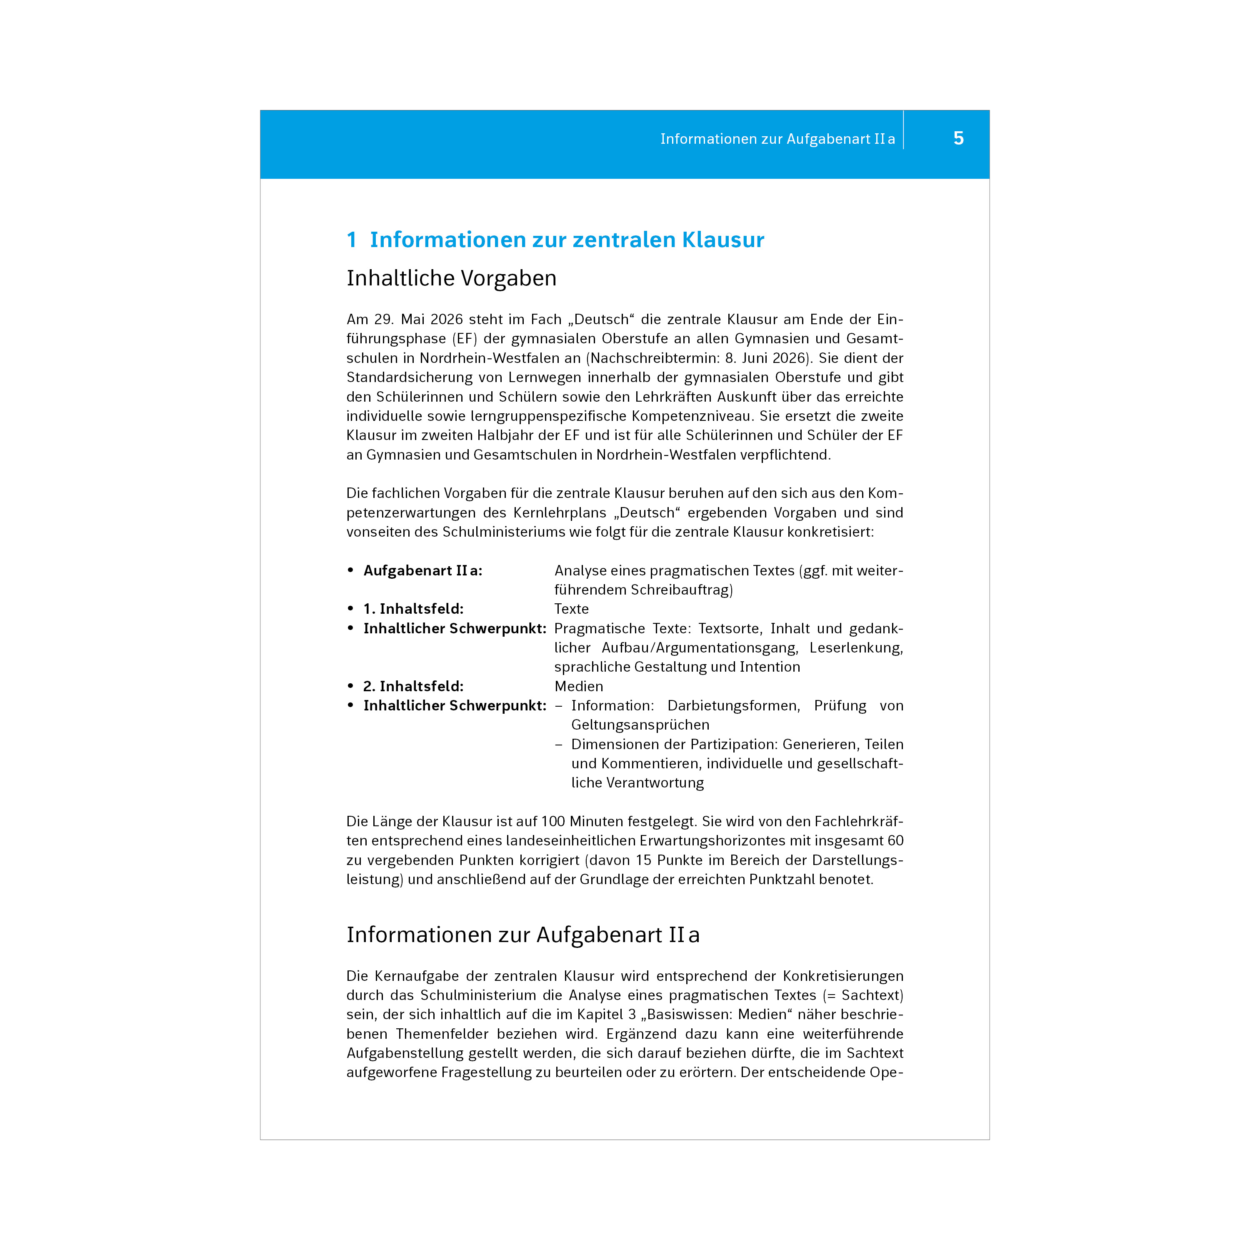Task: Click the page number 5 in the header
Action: [x=958, y=138]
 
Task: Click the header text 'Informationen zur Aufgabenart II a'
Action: [x=777, y=139]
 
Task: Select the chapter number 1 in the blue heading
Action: [x=351, y=240]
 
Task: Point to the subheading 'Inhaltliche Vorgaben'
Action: [x=451, y=278]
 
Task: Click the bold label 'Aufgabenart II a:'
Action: [x=422, y=571]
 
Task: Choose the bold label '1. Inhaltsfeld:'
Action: [x=413, y=609]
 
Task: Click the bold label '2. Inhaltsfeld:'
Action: [x=413, y=687]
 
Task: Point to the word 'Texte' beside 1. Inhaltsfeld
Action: [x=571, y=609]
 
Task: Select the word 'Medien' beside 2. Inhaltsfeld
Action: [x=578, y=687]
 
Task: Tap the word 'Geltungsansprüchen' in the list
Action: [x=640, y=725]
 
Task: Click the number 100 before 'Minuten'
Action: [x=553, y=822]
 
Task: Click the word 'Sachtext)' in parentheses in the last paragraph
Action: [x=872, y=996]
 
